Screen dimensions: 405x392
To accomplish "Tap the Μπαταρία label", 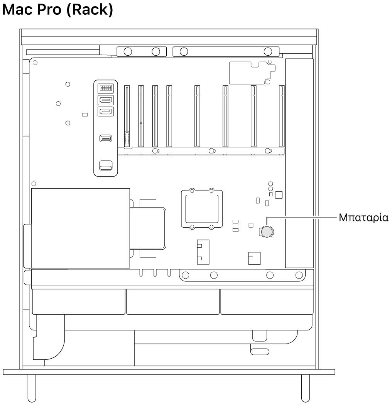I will point(363,217).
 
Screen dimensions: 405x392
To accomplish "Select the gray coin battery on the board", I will point(267,231).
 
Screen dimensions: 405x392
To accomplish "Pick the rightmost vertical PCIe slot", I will point(281,116).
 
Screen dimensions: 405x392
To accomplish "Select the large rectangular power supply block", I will point(80,228).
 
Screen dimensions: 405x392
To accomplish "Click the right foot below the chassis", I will point(305,388).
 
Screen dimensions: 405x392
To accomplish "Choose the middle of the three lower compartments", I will point(173,302).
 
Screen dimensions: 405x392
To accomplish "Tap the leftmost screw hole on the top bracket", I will point(128,51).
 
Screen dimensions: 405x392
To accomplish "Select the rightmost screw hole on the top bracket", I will point(267,51).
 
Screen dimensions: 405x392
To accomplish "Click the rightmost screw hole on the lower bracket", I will point(299,275).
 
